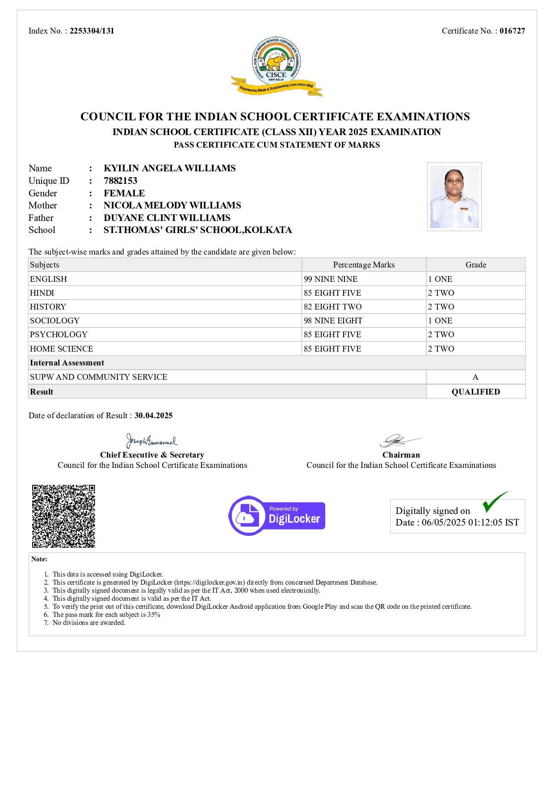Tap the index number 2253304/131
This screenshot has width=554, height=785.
(x=92, y=31)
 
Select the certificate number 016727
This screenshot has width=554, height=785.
(x=512, y=31)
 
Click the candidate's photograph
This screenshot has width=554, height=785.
(x=454, y=196)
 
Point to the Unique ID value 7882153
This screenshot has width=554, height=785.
(x=121, y=181)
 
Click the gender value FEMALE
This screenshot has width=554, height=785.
(x=124, y=193)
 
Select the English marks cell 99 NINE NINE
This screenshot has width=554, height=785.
(x=331, y=279)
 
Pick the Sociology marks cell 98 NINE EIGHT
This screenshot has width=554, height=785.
(x=333, y=321)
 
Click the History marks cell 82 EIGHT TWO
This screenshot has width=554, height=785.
(x=332, y=307)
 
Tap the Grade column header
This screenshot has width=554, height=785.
(x=475, y=265)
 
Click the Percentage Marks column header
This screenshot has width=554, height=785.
(x=364, y=265)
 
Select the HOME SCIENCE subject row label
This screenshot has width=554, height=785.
(x=62, y=349)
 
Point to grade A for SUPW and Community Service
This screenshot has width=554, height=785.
(x=475, y=377)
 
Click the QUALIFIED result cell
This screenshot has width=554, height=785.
(x=475, y=392)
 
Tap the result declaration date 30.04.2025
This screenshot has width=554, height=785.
(x=153, y=416)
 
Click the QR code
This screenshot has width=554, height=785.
(x=63, y=516)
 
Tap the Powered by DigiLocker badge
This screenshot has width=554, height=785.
(x=277, y=516)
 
